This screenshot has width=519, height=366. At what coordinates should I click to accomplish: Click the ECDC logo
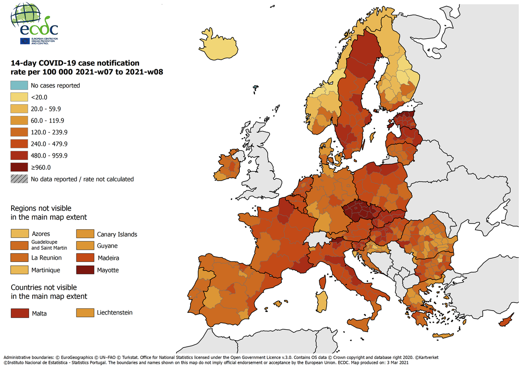click(34, 25)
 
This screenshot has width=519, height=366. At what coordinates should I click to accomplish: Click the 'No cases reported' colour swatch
click(19, 85)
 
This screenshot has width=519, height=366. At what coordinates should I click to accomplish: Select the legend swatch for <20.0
click(19, 97)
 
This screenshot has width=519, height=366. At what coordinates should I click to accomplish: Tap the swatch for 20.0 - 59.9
click(19, 109)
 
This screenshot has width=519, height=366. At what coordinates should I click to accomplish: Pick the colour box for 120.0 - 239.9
click(19, 132)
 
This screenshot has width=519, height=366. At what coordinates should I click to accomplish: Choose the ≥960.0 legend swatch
click(19, 167)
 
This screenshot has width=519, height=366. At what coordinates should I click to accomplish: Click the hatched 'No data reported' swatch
click(19, 179)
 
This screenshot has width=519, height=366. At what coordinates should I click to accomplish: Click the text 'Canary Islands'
click(117, 234)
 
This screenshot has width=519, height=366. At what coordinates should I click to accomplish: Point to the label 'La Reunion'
click(47, 258)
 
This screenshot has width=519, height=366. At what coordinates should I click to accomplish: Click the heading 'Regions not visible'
click(41, 208)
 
